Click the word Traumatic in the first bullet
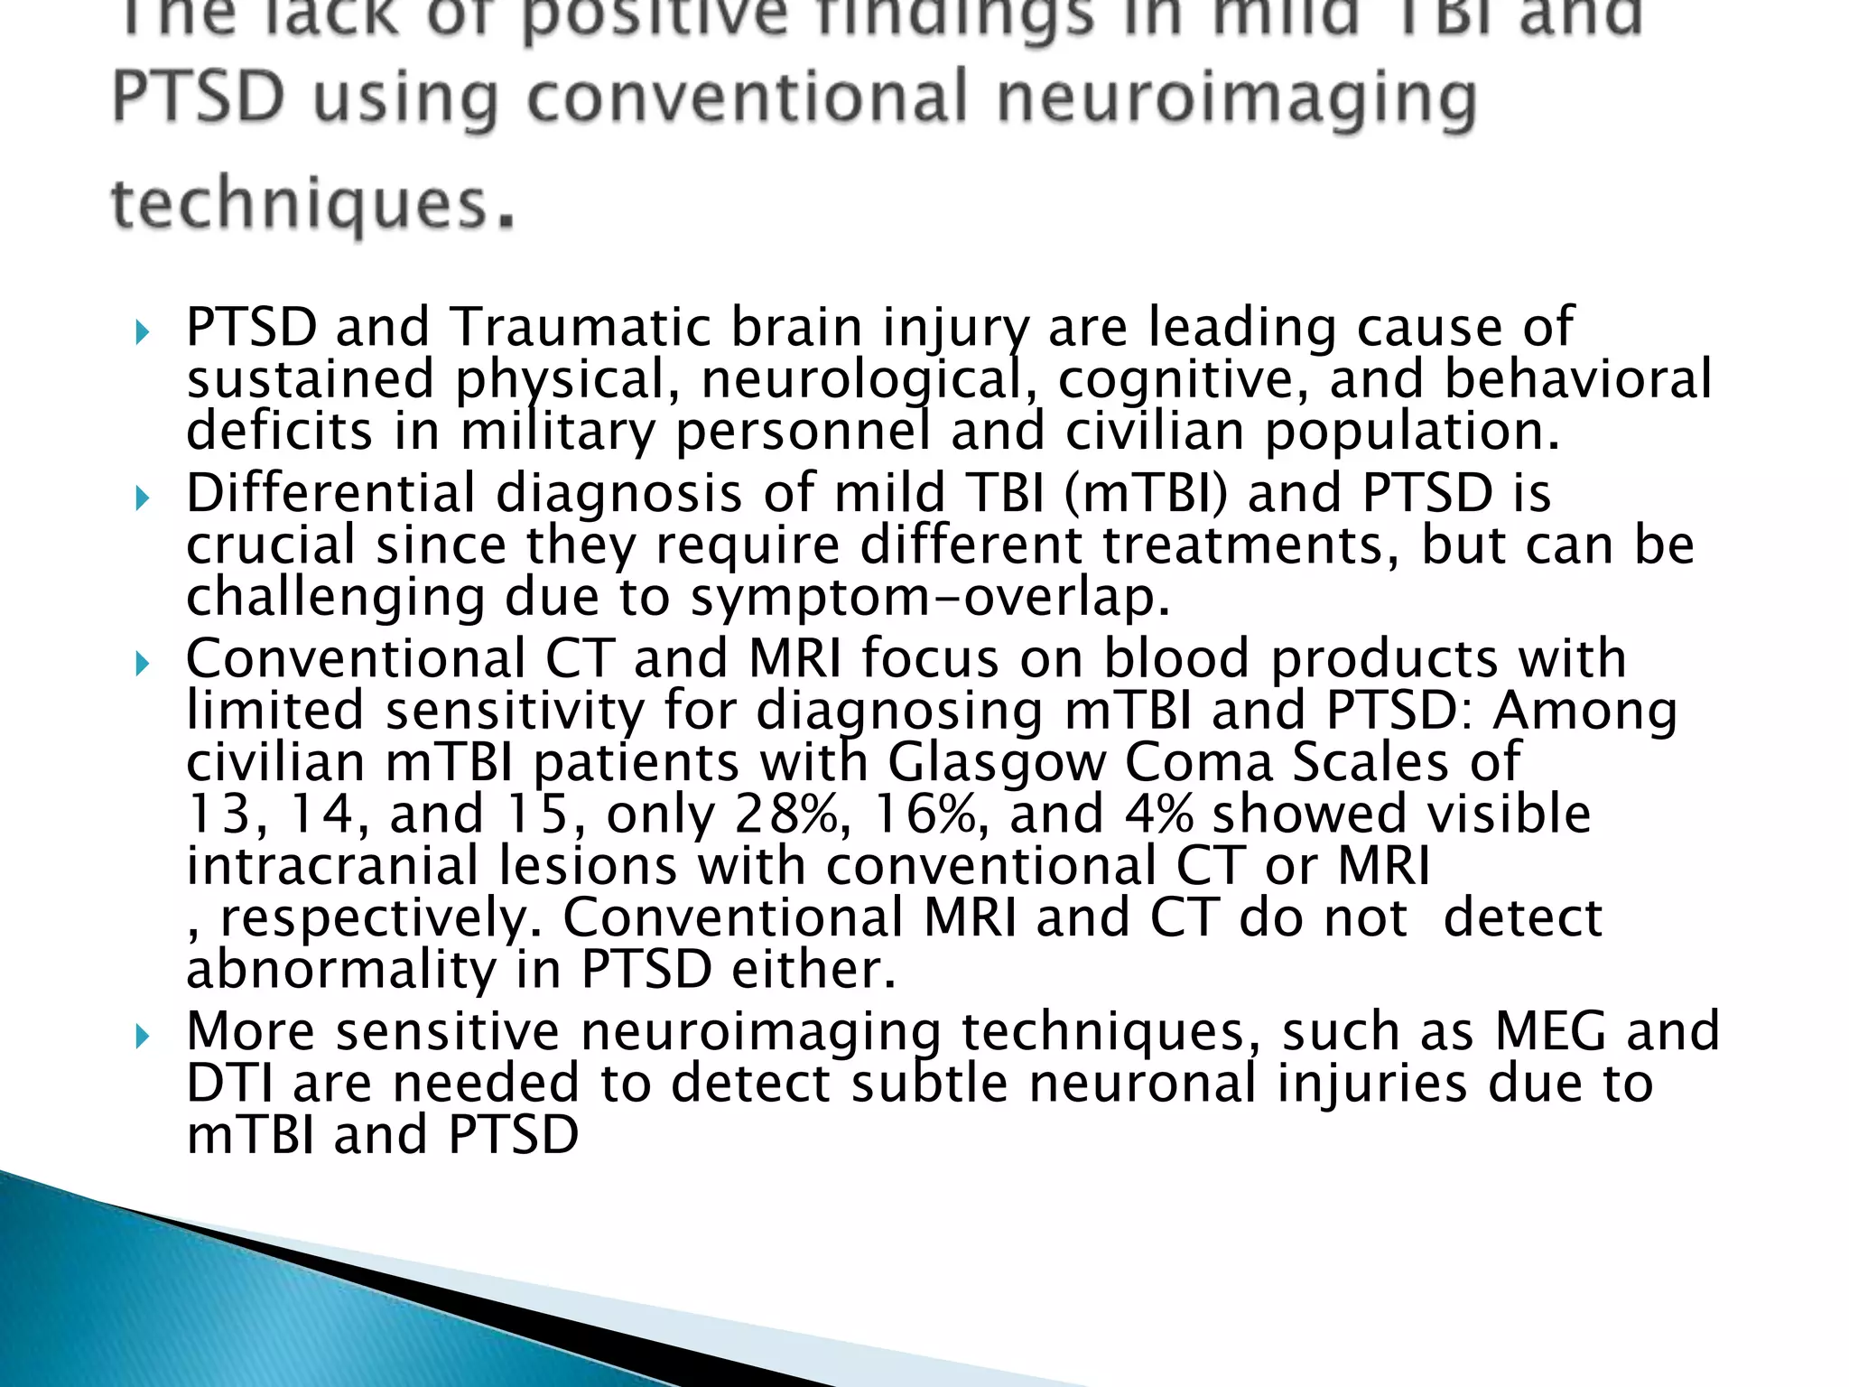pos(580,327)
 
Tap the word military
pos(558,432)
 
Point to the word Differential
pos(330,494)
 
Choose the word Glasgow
pos(996,762)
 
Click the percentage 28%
pos(786,814)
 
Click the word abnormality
pos(340,972)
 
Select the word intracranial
pos(331,866)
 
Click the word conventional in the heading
pos(747,99)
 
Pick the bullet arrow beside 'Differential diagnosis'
pos(142,498)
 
